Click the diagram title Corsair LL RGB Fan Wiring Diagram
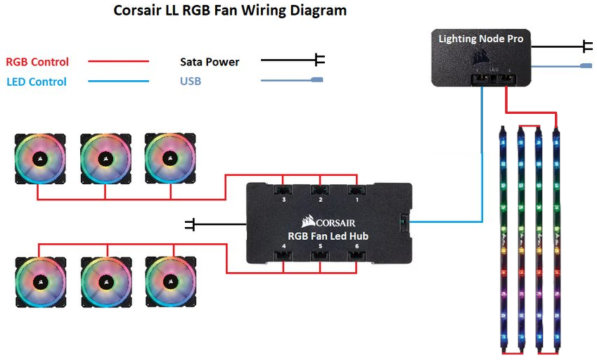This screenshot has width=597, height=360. pyautogui.click(x=230, y=11)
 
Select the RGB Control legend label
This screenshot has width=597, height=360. pyautogui.click(x=37, y=62)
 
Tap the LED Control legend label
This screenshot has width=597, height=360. pyautogui.click(x=37, y=82)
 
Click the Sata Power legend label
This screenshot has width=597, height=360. pyautogui.click(x=210, y=62)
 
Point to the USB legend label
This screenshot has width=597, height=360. pyautogui.click(x=191, y=82)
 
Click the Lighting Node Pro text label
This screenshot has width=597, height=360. pyautogui.click(x=481, y=39)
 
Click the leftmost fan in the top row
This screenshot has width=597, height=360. pyautogui.click(x=41, y=159)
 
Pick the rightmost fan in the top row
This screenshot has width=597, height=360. pyautogui.click(x=170, y=159)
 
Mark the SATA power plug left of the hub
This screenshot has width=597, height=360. pyautogui.click(x=191, y=224)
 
